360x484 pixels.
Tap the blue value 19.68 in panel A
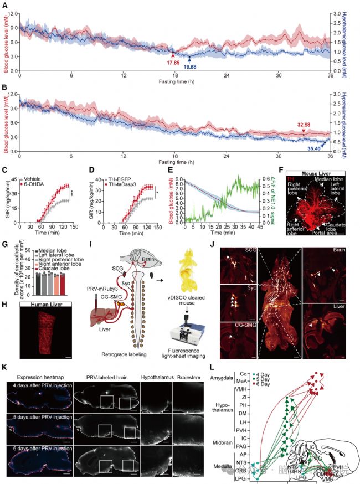click(x=190, y=67)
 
